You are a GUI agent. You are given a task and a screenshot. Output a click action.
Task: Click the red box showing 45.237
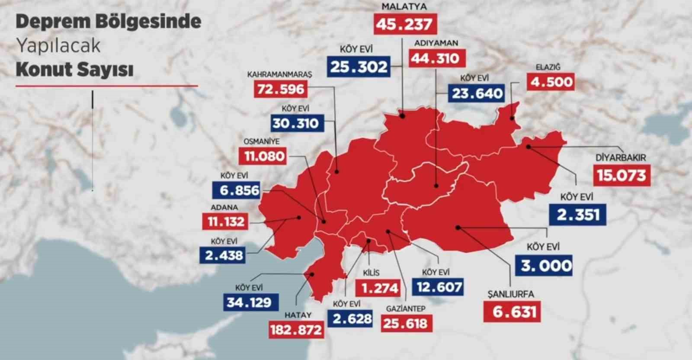point(405,24)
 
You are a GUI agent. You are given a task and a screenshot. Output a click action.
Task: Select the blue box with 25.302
point(359,67)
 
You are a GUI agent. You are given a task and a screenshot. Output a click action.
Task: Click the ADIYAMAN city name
point(436,43)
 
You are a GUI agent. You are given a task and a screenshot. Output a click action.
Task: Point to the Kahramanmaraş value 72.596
point(281,90)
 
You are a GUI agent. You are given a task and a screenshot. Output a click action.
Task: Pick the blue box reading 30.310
point(295,123)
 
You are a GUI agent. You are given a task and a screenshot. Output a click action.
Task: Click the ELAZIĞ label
point(548,67)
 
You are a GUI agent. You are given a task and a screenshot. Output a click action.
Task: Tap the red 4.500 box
point(551,82)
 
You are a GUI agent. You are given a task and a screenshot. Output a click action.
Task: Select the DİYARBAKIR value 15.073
point(621,175)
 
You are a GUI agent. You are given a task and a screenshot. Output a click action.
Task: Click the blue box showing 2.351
point(578,214)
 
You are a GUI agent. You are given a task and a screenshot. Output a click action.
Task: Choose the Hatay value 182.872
point(296,330)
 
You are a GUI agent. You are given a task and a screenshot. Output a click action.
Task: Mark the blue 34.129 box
point(249,302)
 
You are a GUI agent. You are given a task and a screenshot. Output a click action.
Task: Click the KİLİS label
point(371,273)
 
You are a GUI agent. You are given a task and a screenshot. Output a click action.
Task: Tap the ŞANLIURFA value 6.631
point(514,312)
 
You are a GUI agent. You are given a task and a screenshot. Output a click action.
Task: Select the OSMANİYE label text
point(261,141)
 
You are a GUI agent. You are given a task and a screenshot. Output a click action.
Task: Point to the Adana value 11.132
point(226,222)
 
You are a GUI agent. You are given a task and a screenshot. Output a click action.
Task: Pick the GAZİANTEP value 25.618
point(405,323)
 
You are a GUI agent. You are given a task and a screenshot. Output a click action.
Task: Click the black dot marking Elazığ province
point(512,118)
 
